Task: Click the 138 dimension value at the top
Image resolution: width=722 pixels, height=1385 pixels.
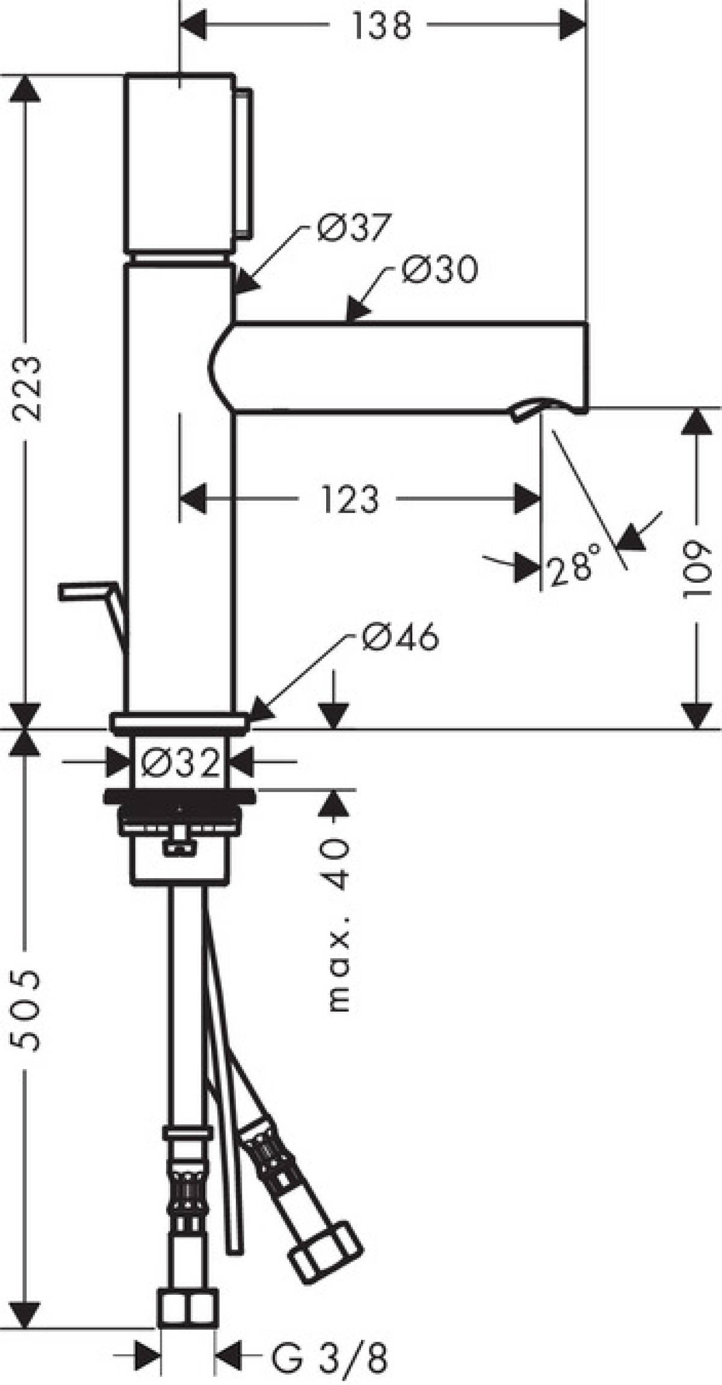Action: point(381,26)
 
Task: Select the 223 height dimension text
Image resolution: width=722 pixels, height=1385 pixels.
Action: point(28,388)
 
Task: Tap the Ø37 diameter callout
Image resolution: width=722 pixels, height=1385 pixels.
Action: point(354,228)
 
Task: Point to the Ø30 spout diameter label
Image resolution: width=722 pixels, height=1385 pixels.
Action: point(440,270)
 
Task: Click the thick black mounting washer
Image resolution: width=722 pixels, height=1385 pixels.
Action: point(179,797)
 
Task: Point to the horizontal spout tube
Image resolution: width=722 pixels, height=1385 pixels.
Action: point(409,367)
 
